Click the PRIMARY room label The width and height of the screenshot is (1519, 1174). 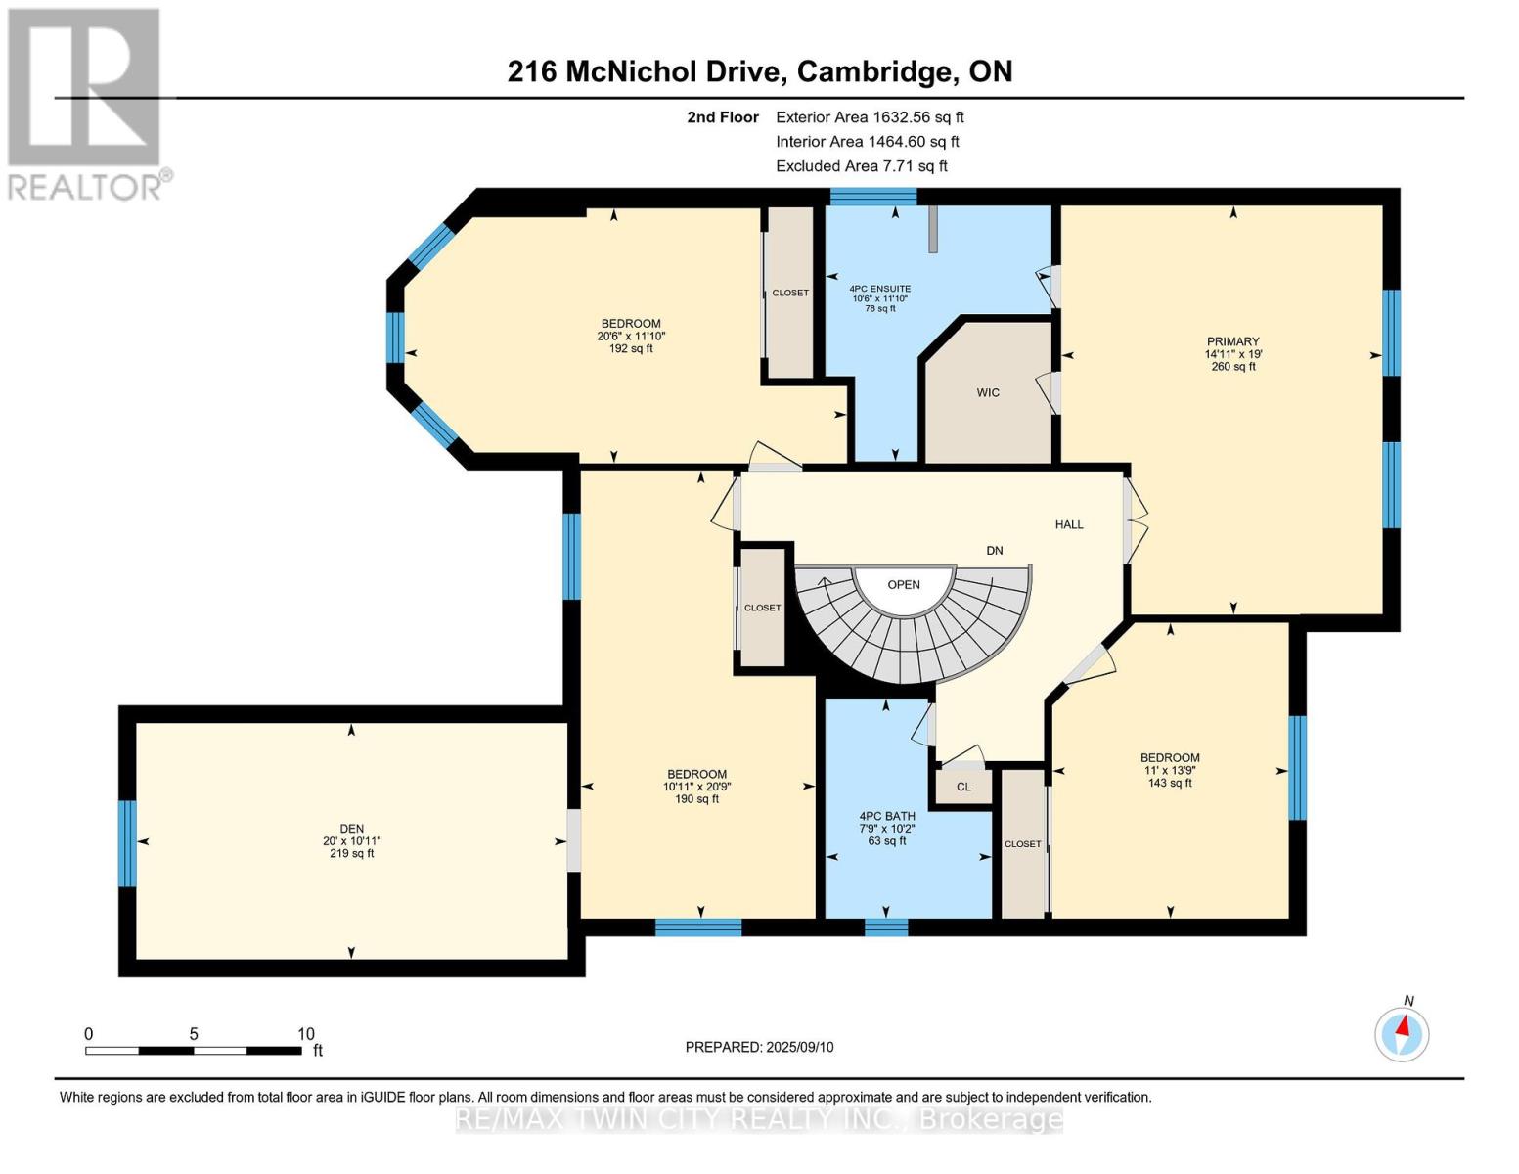pos(1232,342)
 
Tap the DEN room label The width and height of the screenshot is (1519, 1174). pos(351,829)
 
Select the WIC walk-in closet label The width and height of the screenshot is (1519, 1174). pos(988,393)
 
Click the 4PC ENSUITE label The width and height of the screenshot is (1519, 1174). pos(879,290)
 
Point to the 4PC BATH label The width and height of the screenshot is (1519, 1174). pos(887,816)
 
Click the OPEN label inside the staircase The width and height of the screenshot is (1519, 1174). pos(903,585)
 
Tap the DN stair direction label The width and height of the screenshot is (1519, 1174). pos(994,551)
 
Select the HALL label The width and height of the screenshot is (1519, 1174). pos(1068,525)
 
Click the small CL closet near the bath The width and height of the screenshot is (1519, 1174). pos(963,787)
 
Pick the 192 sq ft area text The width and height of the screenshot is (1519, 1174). pos(631,348)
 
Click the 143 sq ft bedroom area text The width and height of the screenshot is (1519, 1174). pos(1170,783)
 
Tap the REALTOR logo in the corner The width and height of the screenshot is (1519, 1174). pos(86,103)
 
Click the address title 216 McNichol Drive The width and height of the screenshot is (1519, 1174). pos(759,71)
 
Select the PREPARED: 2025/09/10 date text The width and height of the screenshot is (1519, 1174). pos(759,1047)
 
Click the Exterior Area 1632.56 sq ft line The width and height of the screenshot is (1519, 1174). pos(869,117)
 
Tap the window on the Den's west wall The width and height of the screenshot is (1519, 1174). pos(127,843)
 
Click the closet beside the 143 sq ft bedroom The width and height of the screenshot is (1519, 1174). pos(1023,843)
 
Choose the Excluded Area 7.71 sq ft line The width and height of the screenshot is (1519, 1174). pos(861,166)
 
